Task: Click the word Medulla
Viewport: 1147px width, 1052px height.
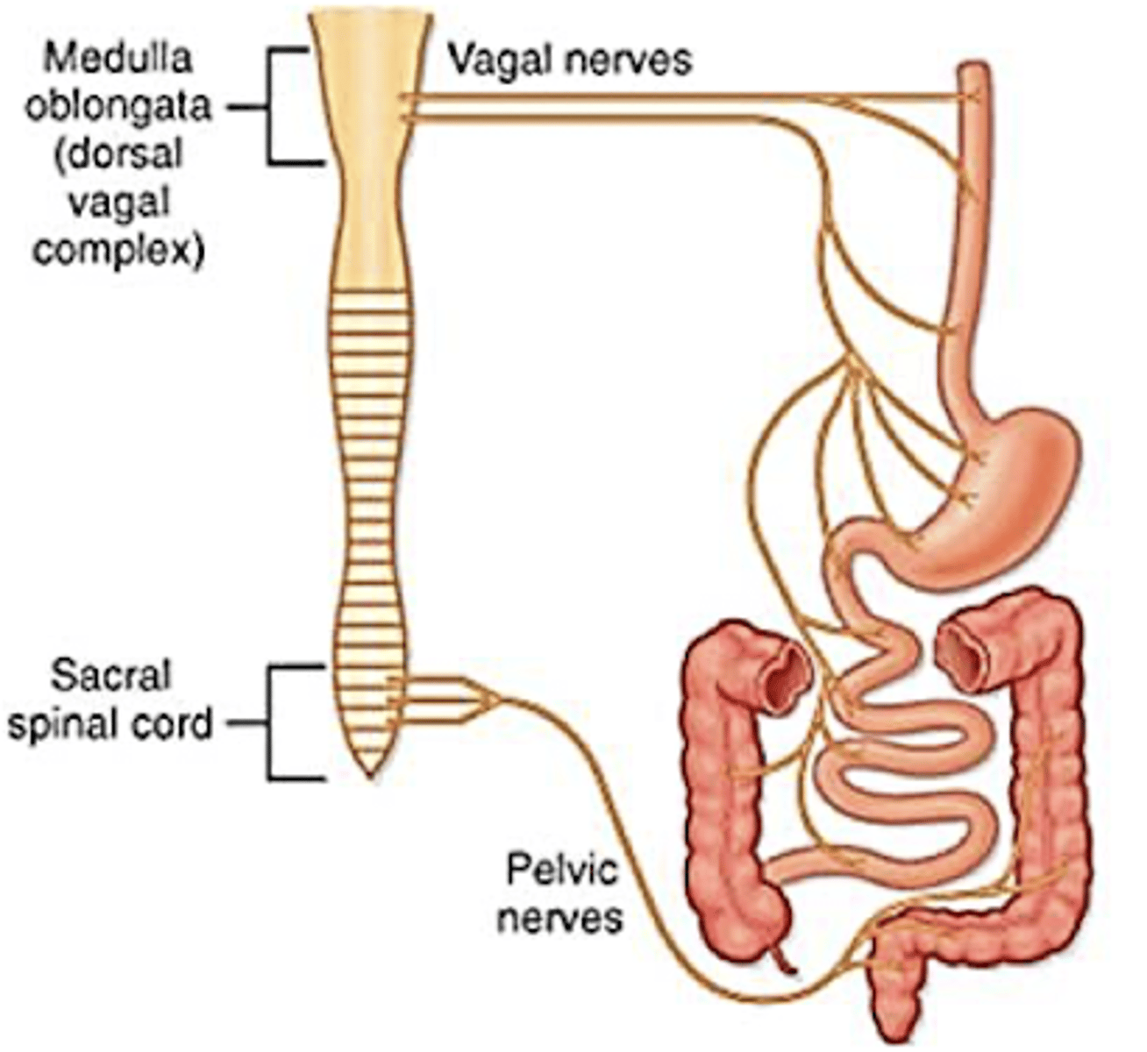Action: pyautogui.click(x=118, y=59)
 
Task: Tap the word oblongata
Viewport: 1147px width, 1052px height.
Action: pyautogui.click(x=118, y=107)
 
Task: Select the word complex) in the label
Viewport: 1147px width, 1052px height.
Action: pyautogui.click(x=118, y=251)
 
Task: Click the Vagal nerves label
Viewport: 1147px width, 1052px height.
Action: pyautogui.click(x=569, y=60)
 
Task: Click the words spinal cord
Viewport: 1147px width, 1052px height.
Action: pyautogui.click(x=110, y=724)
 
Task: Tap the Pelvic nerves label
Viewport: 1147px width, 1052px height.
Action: pyautogui.click(x=561, y=894)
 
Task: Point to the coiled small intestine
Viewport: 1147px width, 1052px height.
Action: pyautogui.click(x=903, y=771)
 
